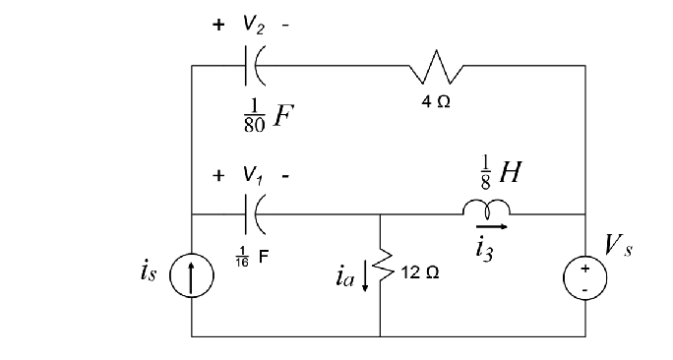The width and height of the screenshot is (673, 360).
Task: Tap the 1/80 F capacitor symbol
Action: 252,67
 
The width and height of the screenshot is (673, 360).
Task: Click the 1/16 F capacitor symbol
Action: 252,213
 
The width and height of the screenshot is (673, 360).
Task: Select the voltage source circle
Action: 585,277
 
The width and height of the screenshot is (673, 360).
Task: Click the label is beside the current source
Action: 148,272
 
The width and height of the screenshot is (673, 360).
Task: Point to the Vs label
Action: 619,246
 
